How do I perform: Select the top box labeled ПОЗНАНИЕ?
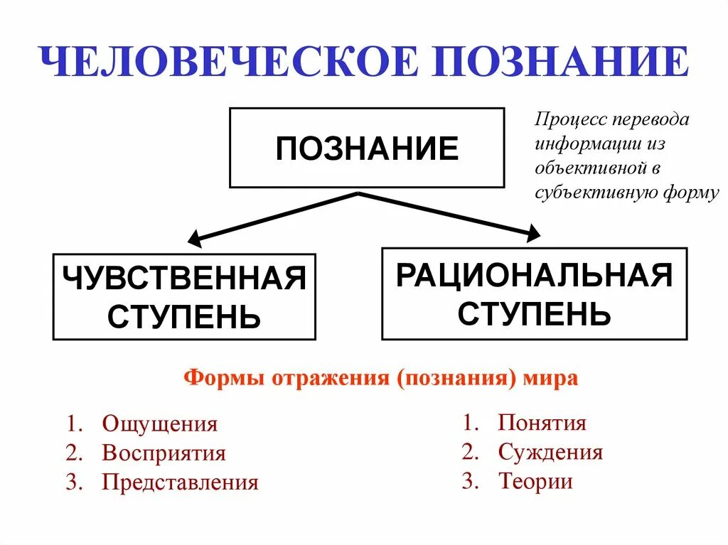point(367,149)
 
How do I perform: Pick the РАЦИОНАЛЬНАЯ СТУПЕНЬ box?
point(534,293)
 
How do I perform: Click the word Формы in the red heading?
point(224,377)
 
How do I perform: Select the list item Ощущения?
point(159,424)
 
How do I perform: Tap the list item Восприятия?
point(164,453)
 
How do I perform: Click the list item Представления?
point(180,482)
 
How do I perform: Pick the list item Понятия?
point(542,423)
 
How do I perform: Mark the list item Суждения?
point(550,452)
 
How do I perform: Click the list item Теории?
point(535,481)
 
